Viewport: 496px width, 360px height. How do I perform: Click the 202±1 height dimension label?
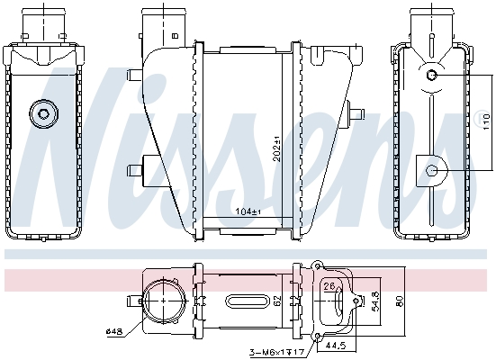pyautogui.click(x=276, y=148)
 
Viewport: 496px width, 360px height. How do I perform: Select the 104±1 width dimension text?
pyautogui.click(x=248, y=211)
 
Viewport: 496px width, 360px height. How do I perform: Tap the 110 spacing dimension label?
pyautogui.click(x=486, y=121)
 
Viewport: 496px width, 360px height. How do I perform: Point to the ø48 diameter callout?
pyautogui.click(x=114, y=331)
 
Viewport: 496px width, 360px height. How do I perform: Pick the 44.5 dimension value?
pyautogui.click(x=338, y=345)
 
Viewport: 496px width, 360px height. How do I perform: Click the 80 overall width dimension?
pyautogui.click(x=400, y=301)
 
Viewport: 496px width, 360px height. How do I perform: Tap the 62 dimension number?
pyautogui.click(x=277, y=301)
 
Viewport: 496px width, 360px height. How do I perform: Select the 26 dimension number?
pyautogui.click(x=329, y=286)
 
